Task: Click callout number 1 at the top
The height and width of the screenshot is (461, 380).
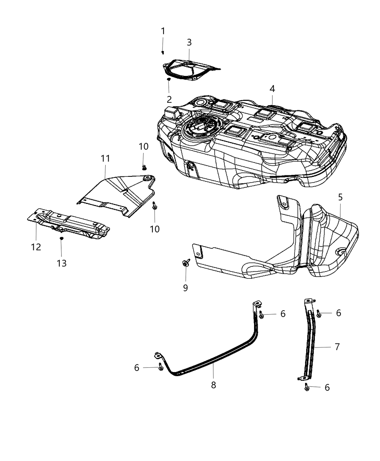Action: tap(163, 31)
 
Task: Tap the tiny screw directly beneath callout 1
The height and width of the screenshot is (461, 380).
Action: tap(163, 52)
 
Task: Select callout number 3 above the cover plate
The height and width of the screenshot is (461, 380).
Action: tap(189, 42)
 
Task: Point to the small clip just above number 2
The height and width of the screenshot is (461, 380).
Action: tap(169, 79)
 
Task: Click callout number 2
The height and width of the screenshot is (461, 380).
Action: tap(169, 99)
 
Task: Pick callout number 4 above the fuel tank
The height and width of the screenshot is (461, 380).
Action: tap(272, 89)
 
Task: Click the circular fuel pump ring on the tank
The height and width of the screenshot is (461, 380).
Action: tap(200, 129)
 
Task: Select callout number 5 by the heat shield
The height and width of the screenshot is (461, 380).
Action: tap(340, 197)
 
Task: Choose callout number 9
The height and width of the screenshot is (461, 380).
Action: tap(185, 288)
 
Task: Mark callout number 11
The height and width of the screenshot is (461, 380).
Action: tap(105, 158)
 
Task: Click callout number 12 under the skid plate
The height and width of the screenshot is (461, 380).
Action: tap(36, 247)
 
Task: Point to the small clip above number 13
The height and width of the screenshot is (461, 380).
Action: tap(61, 238)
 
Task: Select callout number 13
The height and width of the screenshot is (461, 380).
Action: tap(62, 263)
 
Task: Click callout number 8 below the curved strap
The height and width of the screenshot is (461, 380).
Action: tap(214, 385)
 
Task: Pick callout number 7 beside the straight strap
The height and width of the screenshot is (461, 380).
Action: tap(337, 347)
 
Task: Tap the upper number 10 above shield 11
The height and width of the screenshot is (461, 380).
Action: tap(144, 146)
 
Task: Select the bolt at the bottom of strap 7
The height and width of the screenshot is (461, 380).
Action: tap(307, 387)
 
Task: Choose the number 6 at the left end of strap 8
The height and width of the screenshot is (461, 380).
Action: tap(137, 368)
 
